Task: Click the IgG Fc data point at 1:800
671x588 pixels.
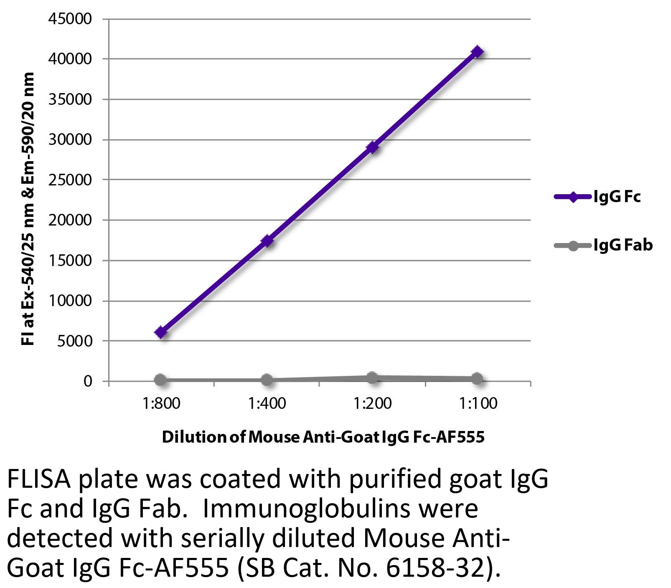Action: pyautogui.click(x=161, y=332)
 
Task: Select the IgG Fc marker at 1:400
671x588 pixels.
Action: pyautogui.click(x=267, y=241)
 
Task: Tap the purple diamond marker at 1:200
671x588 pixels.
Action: pyautogui.click(x=372, y=147)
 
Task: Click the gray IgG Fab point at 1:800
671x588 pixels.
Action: pyautogui.click(x=161, y=380)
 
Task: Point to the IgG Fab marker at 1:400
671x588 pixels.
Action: pyautogui.click(x=267, y=380)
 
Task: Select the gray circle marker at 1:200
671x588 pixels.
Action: pyautogui.click(x=372, y=378)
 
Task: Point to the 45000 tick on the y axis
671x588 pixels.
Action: pyautogui.click(x=70, y=19)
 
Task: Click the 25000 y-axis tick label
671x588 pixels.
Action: pyautogui.click(x=70, y=180)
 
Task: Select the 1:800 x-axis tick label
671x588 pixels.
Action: pyautogui.click(x=161, y=403)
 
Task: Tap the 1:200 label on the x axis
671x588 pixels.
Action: pyautogui.click(x=372, y=403)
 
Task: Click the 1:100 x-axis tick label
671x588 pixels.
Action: pyautogui.click(x=478, y=403)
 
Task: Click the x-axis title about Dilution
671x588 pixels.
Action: pyautogui.click(x=323, y=437)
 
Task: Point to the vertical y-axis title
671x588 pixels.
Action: pyautogui.click(x=28, y=209)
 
